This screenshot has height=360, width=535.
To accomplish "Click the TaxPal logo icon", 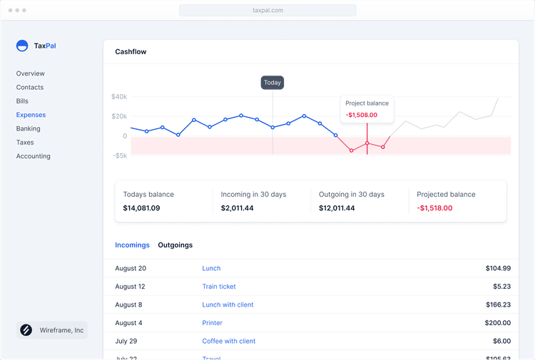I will [x=22, y=46].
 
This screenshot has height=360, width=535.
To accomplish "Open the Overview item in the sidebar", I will [x=31, y=73].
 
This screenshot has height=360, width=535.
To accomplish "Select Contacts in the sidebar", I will [x=30, y=87].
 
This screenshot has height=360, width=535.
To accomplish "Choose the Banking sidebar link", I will [x=29, y=128].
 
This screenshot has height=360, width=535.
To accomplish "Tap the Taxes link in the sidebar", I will [x=25, y=143].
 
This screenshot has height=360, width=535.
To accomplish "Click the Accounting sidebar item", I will [x=34, y=156].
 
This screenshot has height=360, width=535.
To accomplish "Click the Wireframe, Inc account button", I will [x=52, y=330].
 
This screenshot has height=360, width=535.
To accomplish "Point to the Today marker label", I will [x=272, y=83].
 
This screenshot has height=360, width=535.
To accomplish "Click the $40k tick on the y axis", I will [x=119, y=97].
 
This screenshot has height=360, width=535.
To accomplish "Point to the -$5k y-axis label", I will [x=120, y=155].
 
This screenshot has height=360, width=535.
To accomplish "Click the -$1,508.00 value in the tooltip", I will [x=362, y=115].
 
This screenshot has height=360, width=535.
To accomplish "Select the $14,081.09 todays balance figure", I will [x=141, y=208].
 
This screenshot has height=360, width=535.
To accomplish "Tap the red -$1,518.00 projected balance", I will [x=434, y=208].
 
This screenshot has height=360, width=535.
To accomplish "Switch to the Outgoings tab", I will [x=175, y=245].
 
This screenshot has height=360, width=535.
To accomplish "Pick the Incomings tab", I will [x=133, y=245].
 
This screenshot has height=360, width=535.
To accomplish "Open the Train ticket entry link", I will [x=219, y=287].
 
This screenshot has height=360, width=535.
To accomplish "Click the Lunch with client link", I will [x=228, y=304].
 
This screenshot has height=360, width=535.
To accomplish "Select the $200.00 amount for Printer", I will [x=497, y=323].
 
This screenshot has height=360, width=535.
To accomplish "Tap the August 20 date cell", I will [x=131, y=268].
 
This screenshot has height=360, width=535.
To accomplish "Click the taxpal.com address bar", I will [x=267, y=11].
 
